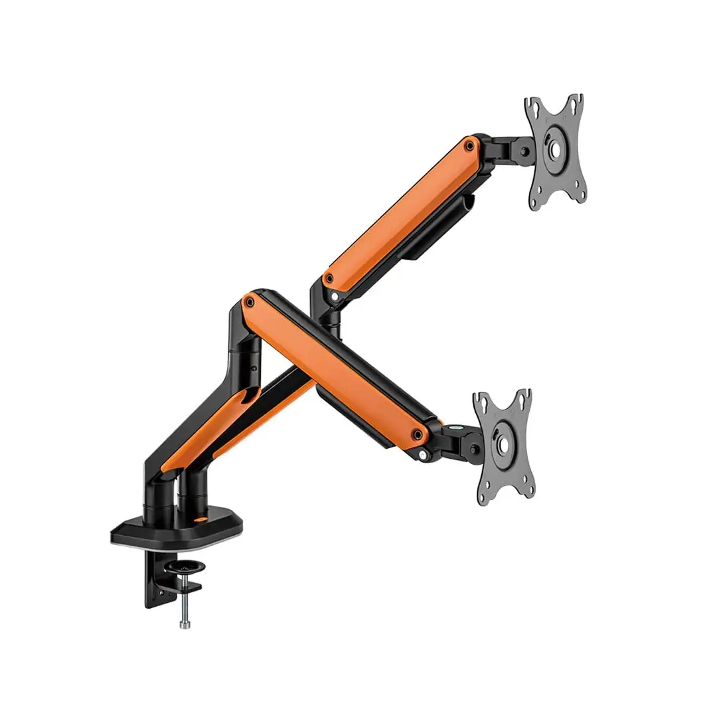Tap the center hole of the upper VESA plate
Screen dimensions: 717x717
point(554,150)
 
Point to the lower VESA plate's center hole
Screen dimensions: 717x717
point(502,444)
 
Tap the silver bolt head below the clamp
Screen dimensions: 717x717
point(185,623)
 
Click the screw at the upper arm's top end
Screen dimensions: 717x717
point(469,143)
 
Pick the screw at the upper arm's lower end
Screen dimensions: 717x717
point(327,278)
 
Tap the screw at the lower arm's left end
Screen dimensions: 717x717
point(250,302)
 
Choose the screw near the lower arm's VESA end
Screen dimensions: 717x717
point(418,435)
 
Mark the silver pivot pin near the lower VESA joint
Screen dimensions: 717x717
point(423,455)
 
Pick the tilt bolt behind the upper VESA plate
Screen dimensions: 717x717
point(525,152)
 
